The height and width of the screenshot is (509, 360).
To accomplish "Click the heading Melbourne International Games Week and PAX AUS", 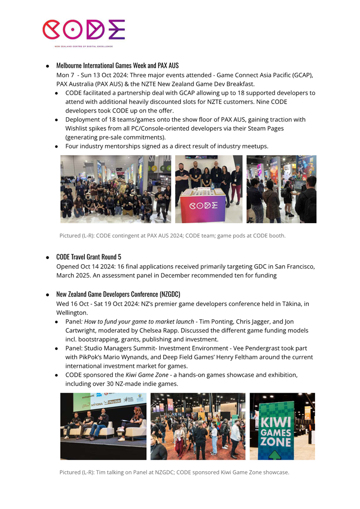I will click(x=117, y=65).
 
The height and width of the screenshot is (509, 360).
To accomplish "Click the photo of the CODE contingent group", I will click(x=116, y=189).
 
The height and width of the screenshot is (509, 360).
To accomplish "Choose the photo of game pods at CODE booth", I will click(x=281, y=189).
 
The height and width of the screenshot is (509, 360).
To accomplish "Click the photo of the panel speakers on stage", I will click(x=103, y=426).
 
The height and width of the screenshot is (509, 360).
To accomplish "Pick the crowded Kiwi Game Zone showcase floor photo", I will click(x=198, y=426).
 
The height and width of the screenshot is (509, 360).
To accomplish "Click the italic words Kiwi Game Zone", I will click(x=144, y=375).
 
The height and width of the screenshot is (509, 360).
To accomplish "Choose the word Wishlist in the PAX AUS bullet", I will click(x=80, y=128).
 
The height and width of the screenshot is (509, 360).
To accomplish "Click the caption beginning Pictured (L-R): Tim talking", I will click(x=174, y=472).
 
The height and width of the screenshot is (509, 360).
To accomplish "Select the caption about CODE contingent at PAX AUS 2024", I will click(x=172, y=236).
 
